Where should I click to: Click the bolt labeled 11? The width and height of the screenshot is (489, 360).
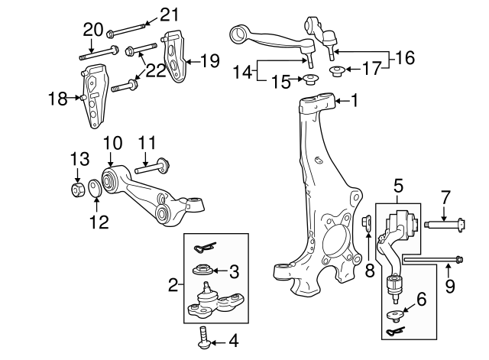point(154,164)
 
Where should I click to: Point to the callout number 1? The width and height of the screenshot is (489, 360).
point(354,99)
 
